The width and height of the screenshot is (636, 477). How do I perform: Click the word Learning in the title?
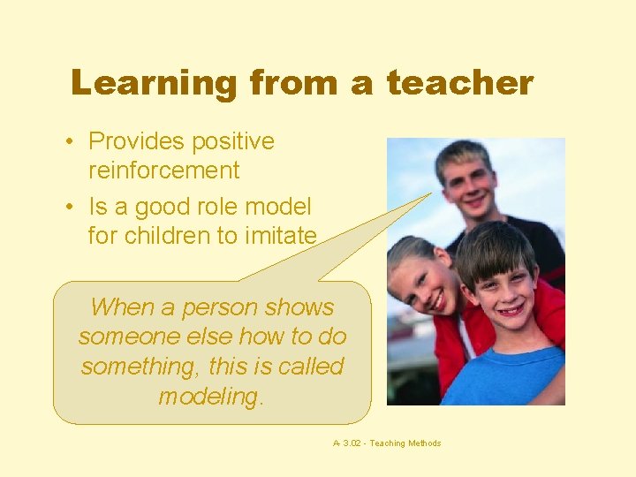point(155,84)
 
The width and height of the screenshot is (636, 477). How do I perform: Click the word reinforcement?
point(163,170)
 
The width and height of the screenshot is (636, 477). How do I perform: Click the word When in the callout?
point(122,307)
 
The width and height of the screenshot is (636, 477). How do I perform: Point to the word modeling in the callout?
point(208,397)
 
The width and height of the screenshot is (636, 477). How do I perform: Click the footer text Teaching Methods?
point(405,443)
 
